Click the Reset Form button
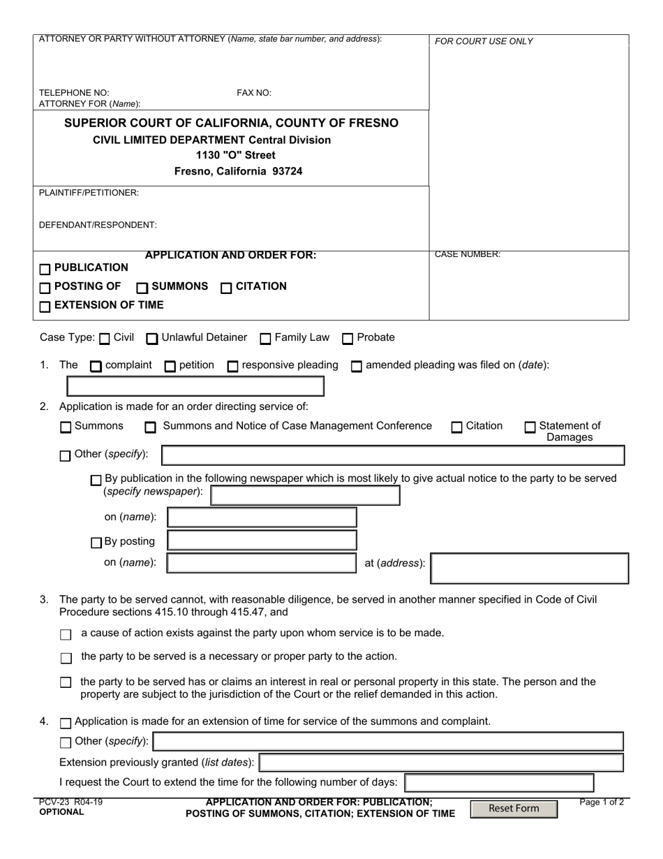pyautogui.click(x=514, y=809)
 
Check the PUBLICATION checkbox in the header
pyautogui.click(x=45, y=269)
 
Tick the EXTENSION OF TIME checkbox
pyautogui.click(x=45, y=306)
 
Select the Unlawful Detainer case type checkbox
pyautogui.click(x=151, y=339)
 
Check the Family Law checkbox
pyautogui.click(x=265, y=339)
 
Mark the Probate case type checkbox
pyautogui.click(x=348, y=339)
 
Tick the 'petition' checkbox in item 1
pyautogui.click(x=170, y=366)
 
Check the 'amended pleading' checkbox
pyautogui.click(x=356, y=366)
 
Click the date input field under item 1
pyautogui.click(x=195, y=386)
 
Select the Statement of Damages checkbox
pyautogui.click(x=530, y=427)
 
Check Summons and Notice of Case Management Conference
pyautogui.click(x=150, y=427)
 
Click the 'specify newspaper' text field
pyautogui.click(x=305, y=495)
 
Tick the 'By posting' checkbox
pyautogui.click(x=96, y=543)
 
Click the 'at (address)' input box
pyautogui.click(x=530, y=568)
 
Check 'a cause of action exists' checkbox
pyautogui.click(x=66, y=635)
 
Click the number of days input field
pyautogui.click(x=499, y=783)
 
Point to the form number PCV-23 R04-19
pyautogui.click(x=70, y=802)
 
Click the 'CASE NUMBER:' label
pyautogui.click(x=468, y=255)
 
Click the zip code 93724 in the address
pyautogui.click(x=286, y=171)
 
